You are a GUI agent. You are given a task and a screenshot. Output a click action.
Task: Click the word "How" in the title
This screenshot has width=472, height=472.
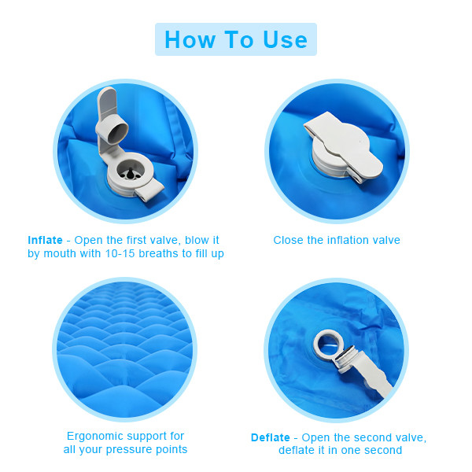point(190,39)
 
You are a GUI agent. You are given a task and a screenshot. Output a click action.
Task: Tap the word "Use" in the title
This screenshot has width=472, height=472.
point(286,39)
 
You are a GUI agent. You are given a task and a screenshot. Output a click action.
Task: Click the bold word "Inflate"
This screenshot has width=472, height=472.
point(45,240)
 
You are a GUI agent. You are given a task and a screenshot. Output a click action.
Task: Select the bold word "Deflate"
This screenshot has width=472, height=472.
point(271,437)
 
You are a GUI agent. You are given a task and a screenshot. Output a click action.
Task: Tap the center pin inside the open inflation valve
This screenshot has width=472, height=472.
point(131,174)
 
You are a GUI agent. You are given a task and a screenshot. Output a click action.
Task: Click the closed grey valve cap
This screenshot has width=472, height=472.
point(344,146)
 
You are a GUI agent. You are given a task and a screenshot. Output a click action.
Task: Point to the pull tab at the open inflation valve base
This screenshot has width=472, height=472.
point(149,191)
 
